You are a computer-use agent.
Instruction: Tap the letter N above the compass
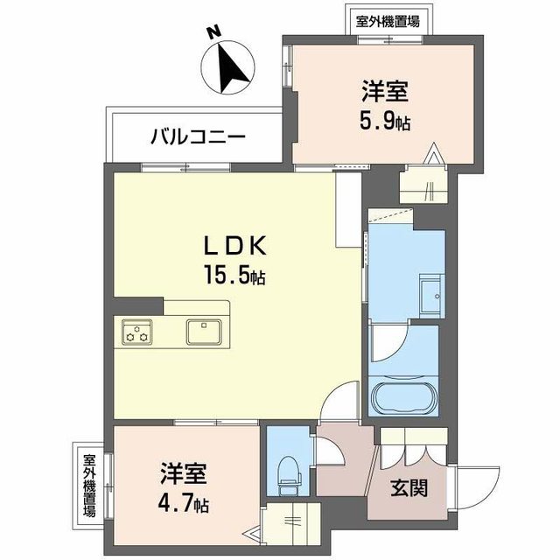[x=212, y=32]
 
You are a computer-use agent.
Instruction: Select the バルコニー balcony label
[x=198, y=136]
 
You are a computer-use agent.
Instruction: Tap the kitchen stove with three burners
[x=137, y=332]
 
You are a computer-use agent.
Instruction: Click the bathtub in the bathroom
[x=403, y=397]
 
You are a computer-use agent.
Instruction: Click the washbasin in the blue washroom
[x=430, y=293]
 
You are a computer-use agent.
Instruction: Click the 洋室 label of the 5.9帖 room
[x=385, y=91]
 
